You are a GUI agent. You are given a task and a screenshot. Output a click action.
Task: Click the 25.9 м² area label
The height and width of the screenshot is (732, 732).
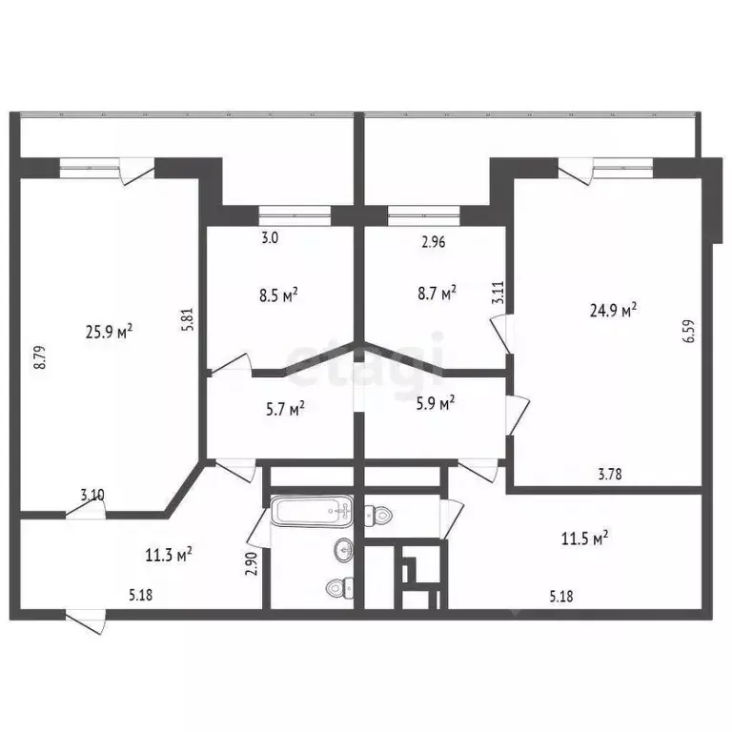pyautogui.click(x=109, y=332)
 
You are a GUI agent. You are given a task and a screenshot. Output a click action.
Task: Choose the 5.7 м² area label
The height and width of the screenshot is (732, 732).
pyautogui.click(x=284, y=410)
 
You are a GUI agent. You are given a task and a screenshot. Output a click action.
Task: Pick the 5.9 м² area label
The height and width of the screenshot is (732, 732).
pyautogui.click(x=435, y=404)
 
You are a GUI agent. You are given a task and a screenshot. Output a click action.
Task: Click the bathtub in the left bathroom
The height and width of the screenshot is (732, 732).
pyautogui.click(x=312, y=512)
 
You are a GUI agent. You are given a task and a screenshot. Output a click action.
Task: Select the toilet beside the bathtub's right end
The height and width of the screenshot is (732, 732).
pyautogui.click(x=379, y=517)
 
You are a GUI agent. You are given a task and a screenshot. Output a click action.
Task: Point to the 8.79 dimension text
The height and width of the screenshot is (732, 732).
pyautogui.click(x=38, y=356)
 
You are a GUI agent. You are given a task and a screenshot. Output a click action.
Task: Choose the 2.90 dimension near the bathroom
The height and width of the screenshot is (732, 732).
pyautogui.click(x=252, y=562)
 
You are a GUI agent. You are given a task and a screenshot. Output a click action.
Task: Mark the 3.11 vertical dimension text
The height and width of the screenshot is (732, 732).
pyautogui.click(x=498, y=291)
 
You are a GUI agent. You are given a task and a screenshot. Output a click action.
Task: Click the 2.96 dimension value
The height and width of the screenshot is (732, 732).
pyautogui.click(x=434, y=241)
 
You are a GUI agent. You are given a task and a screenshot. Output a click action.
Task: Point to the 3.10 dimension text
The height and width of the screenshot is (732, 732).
pyautogui.click(x=92, y=495)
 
